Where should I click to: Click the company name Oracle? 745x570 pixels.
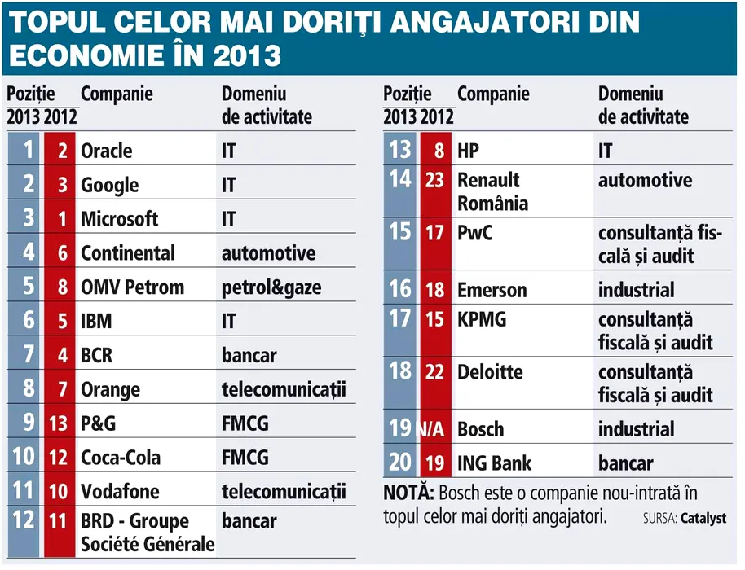click(x=106, y=151)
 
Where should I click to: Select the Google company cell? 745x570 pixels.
click(x=109, y=186)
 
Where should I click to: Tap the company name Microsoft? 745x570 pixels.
click(x=119, y=219)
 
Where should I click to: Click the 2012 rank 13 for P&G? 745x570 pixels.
click(x=58, y=424)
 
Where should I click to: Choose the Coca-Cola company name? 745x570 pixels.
click(x=121, y=458)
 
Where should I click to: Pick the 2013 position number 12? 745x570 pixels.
click(x=24, y=519)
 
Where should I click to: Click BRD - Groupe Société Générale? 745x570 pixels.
click(x=147, y=532)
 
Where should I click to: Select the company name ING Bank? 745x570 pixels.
click(x=495, y=463)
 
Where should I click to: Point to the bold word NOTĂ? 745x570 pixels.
click(x=408, y=493)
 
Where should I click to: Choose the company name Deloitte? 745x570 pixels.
click(x=490, y=372)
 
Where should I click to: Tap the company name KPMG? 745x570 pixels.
click(x=482, y=319)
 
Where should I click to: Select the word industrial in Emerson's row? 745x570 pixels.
click(x=636, y=290)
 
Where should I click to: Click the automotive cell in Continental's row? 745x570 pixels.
click(x=268, y=253)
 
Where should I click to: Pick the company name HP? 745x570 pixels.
click(x=468, y=151)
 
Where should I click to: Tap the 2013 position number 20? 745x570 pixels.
click(x=400, y=462)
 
